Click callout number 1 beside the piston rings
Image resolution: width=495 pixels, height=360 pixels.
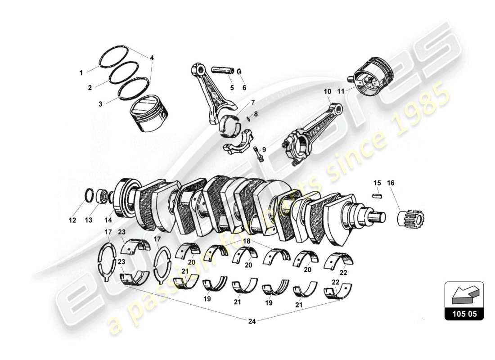81,72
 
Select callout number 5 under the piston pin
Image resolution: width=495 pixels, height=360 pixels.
231,88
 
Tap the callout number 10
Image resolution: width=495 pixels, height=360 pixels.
327,91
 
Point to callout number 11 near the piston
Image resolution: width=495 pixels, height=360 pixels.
341,91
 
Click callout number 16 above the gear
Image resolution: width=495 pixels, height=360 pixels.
390,183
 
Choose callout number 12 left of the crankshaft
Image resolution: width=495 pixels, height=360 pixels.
72,220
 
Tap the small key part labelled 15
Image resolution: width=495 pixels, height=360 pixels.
377,195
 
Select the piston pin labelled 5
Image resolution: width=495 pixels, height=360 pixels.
223,71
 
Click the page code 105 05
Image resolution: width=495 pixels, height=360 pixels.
464,314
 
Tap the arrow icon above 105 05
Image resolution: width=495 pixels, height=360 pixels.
463,294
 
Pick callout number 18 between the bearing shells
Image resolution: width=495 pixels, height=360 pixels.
246,242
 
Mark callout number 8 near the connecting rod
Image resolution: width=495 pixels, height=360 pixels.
256,114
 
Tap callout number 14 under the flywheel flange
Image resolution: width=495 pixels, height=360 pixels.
108,220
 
